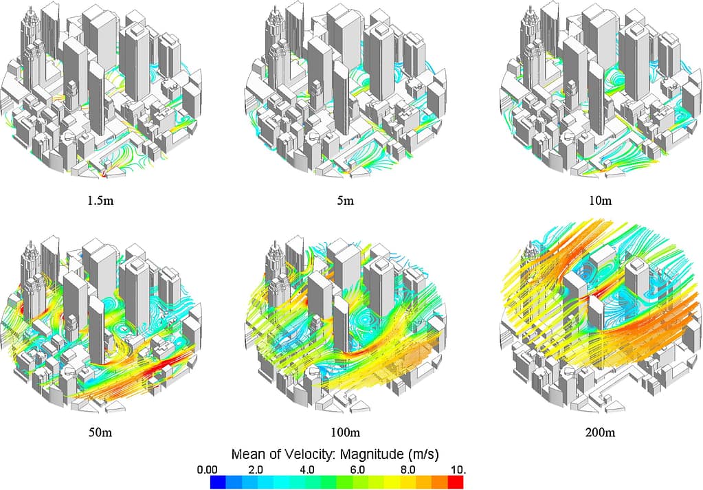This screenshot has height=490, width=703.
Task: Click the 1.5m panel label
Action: click(x=100, y=201)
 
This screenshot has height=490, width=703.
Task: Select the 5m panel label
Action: click(x=345, y=201)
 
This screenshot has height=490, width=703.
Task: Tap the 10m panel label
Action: click(x=600, y=201)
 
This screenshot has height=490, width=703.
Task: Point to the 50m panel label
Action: click(x=100, y=433)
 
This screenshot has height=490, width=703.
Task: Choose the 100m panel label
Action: click(x=345, y=433)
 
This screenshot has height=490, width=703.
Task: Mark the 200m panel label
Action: click(x=600, y=433)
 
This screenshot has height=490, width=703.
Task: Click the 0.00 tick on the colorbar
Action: click(x=207, y=470)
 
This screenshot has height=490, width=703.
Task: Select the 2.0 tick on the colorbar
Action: click(x=256, y=470)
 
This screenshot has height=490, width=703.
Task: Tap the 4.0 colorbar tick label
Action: click(x=306, y=470)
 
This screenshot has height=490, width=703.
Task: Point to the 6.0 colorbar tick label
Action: click(x=357, y=470)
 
